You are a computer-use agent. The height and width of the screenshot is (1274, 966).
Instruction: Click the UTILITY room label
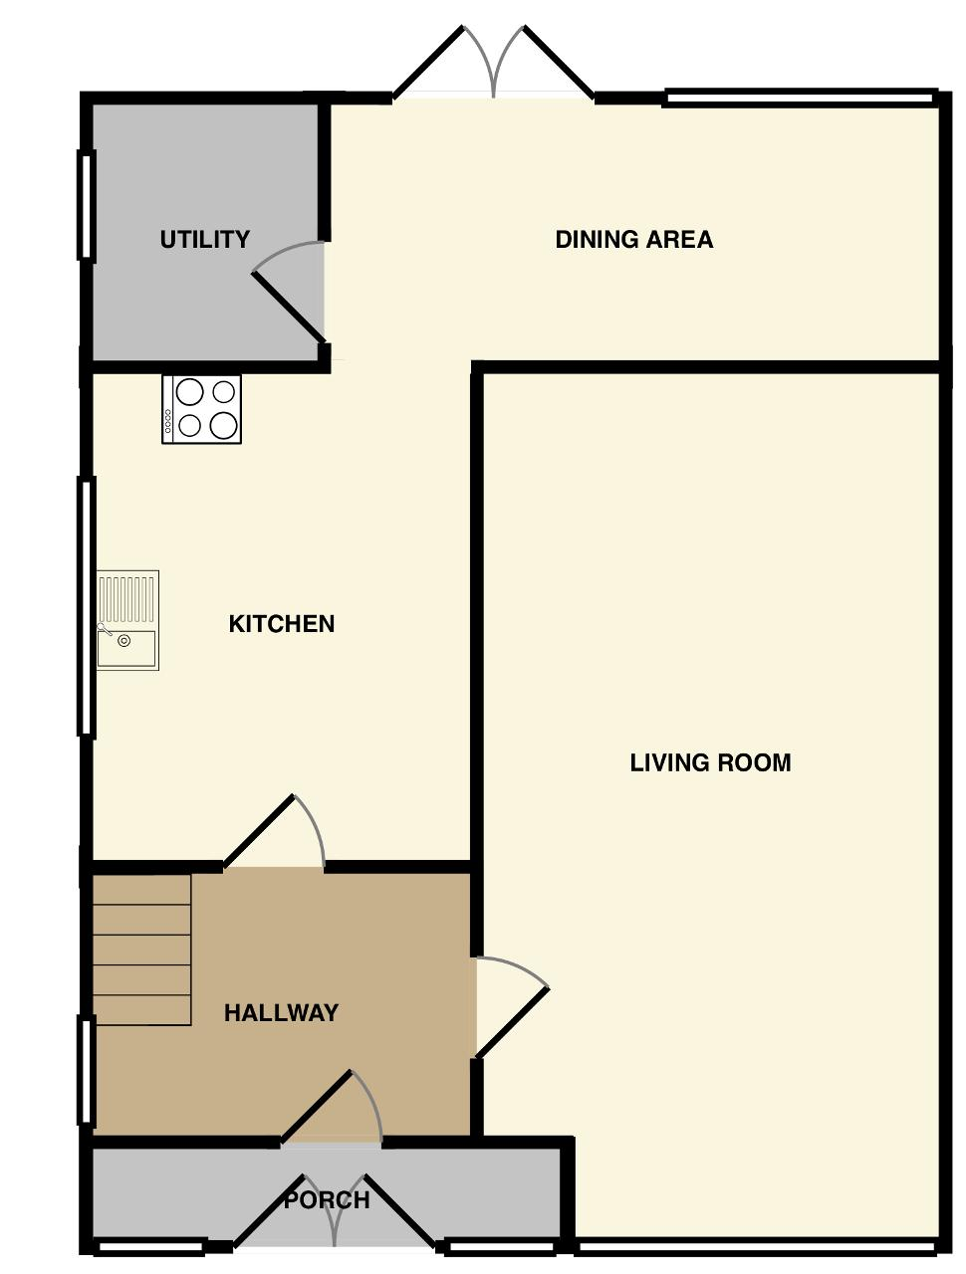[204, 239]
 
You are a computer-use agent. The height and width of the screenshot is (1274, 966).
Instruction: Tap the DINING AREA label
[634, 239]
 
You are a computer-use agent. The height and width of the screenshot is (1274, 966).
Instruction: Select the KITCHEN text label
[282, 624]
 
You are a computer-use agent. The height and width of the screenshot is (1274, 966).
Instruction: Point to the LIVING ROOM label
[711, 762]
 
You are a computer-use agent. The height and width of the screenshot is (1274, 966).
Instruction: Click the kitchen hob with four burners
[201, 410]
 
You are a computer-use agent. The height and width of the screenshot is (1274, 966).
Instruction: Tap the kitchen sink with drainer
[127, 620]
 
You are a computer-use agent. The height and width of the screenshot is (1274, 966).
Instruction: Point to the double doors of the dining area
[493, 62]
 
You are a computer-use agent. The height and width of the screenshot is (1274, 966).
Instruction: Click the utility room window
[87, 204]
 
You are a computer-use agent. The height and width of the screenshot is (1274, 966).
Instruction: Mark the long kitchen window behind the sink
[87, 607]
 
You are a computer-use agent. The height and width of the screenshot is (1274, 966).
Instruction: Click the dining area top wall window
[801, 98]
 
